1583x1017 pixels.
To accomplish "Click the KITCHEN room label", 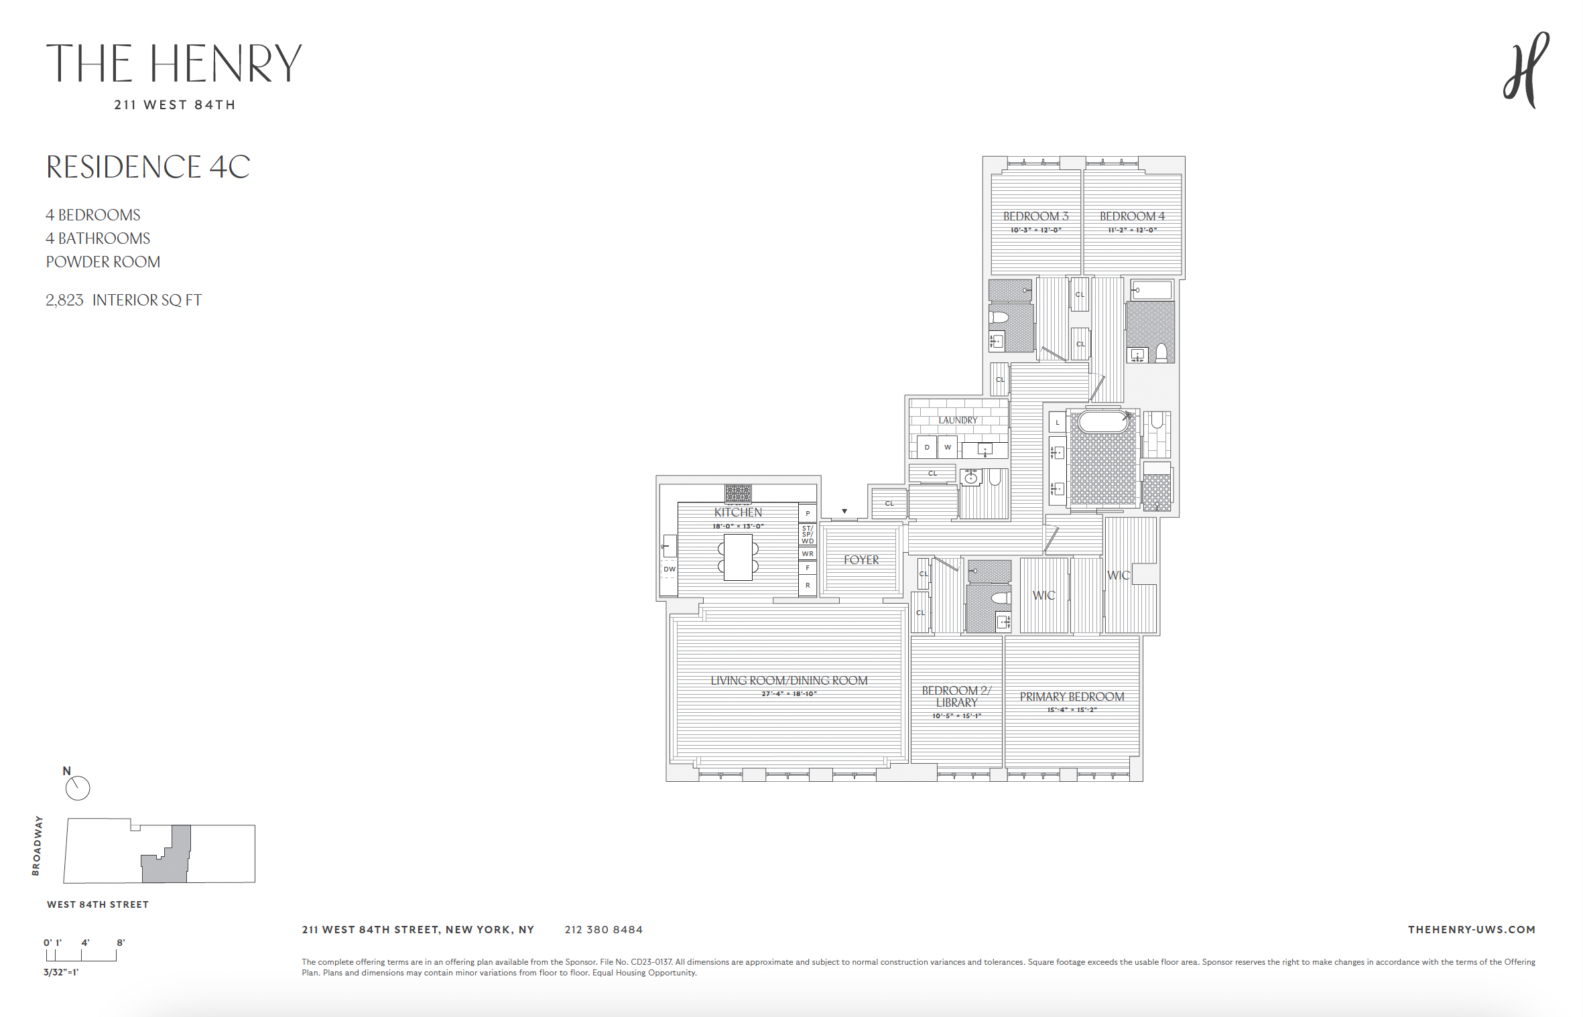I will tap(738, 513).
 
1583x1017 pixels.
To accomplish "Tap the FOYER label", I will tap(861, 560).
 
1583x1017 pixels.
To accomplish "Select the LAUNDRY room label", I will tap(958, 420).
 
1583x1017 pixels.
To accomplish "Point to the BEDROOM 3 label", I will tap(1035, 216).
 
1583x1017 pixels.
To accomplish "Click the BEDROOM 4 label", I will tap(1132, 216).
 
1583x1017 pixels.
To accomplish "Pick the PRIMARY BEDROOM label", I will tap(1072, 697).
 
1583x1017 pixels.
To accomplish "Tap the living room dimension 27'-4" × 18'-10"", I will tap(789, 694).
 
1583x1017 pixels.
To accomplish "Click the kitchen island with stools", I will tap(738, 557).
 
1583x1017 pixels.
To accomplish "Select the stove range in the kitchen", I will tap(738, 494).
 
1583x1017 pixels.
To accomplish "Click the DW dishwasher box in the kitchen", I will tap(670, 569).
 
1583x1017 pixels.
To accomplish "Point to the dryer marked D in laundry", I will tap(927, 447).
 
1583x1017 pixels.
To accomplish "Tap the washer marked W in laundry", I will tap(948, 447).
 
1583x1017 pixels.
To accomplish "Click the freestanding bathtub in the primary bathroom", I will tap(1103, 421).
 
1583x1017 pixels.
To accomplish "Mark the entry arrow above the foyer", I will tap(844, 511).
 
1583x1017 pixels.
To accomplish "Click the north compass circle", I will tap(78, 788).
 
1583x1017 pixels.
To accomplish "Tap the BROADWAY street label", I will tap(37, 845).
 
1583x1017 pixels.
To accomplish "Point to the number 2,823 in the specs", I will tap(64, 300).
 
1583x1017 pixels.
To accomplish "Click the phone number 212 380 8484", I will tap(603, 930).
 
